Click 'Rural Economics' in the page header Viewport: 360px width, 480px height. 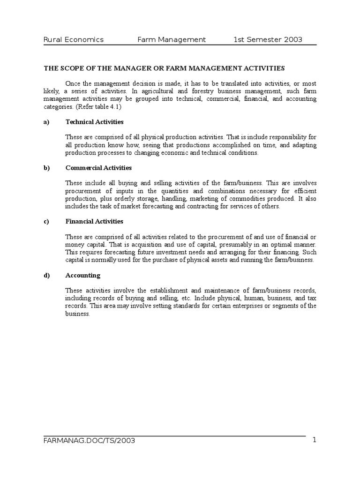click(x=74, y=40)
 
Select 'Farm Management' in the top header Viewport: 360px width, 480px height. click(x=171, y=40)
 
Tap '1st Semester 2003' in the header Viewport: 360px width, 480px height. click(x=268, y=40)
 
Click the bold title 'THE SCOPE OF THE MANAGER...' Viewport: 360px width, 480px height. click(x=164, y=68)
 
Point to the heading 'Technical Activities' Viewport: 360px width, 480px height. click(x=94, y=122)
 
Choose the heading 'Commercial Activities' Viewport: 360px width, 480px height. click(x=98, y=168)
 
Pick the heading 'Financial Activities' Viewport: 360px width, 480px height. click(x=94, y=221)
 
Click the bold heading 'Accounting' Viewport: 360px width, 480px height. click(x=82, y=275)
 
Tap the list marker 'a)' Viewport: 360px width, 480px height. click(x=47, y=122)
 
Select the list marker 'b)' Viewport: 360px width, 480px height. click(x=47, y=168)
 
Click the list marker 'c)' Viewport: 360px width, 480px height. click(x=47, y=221)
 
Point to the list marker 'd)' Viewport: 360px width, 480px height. click(x=47, y=275)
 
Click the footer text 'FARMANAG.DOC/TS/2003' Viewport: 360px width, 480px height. click(x=90, y=441)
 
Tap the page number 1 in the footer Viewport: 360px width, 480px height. click(x=315, y=440)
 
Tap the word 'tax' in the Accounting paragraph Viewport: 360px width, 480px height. click(x=312, y=298)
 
